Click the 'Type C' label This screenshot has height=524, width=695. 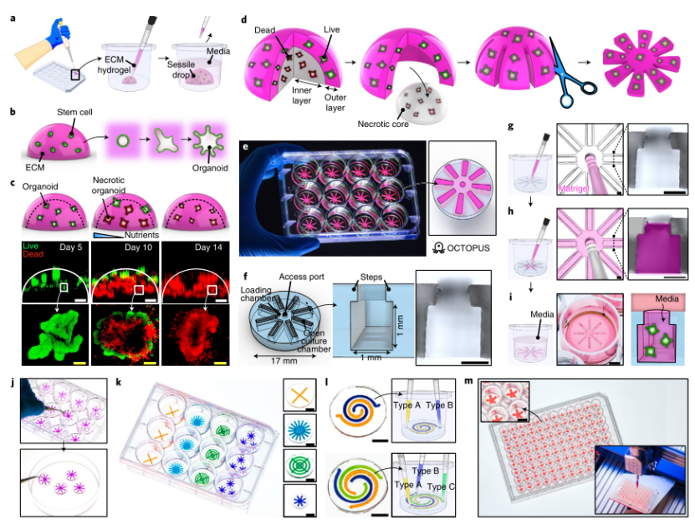coord(442,486)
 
